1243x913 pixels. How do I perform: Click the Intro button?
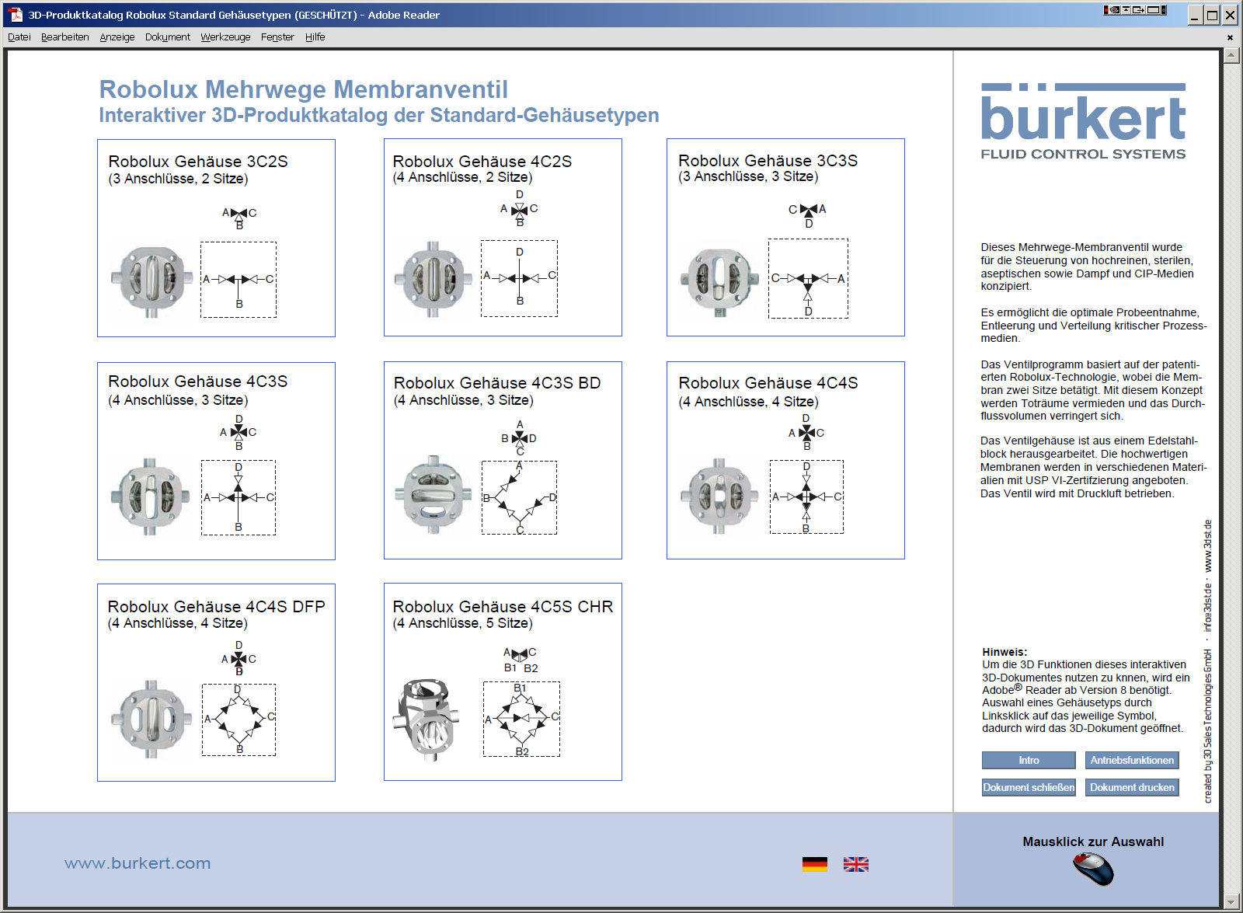[x=1029, y=760]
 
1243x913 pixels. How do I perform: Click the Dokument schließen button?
[x=1029, y=787]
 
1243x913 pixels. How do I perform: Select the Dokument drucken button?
[x=1132, y=787]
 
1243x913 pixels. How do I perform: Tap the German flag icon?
[x=815, y=864]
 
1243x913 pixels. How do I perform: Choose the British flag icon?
[x=856, y=864]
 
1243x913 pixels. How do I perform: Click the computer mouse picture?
[x=1093, y=869]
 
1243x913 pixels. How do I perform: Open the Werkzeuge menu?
[x=225, y=37]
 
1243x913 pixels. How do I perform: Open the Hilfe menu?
[x=315, y=37]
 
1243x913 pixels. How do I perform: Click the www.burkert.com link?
[x=138, y=863]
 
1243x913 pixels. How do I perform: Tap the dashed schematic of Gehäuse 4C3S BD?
[x=519, y=497]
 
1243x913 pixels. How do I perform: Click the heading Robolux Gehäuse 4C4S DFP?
[x=216, y=606]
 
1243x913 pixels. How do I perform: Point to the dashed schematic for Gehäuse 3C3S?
[x=808, y=278]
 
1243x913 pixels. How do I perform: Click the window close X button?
[x=1231, y=15]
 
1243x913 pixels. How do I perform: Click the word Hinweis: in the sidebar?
[x=1004, y=652]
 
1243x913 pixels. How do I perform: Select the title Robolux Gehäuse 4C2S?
[x=482, y=161]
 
